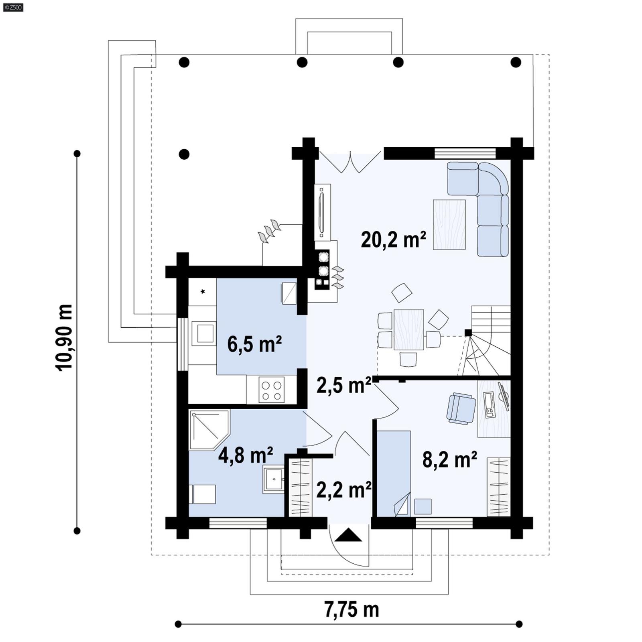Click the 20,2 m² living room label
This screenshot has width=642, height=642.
(x=393, y=240)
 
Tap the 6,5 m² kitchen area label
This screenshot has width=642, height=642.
(x=254, y=344)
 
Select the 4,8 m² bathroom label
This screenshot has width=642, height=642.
(x=246, y=455)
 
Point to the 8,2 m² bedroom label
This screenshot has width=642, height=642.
(x=449, y=459)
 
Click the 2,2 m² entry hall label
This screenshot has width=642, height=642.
(x=343, y=490)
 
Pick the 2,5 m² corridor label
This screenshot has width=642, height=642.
(x=343, y=385)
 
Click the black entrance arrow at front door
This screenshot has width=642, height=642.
(x=348, y=535)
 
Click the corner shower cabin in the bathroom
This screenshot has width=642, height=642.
(x=208, y=429)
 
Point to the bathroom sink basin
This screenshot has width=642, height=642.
(x=274, y=479)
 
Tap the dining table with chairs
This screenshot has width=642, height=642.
(x=408, y=330)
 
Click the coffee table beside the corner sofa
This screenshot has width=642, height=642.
(x=449, y=225)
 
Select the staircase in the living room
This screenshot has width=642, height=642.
(x=488, y=341)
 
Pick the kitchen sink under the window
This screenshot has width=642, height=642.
(x=205, y=333)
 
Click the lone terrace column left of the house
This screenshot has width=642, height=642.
(x=184, y=154)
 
